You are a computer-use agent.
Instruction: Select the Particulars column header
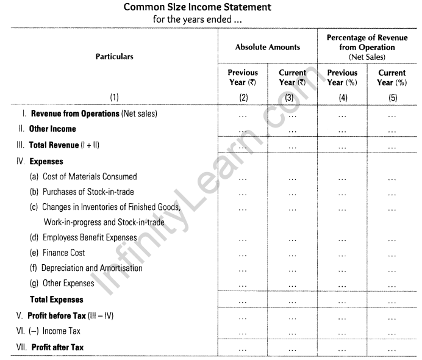pos(114,57)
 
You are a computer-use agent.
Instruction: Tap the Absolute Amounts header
pos(268,47)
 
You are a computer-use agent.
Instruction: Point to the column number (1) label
pos(114,96)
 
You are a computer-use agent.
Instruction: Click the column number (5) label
pos(392,96)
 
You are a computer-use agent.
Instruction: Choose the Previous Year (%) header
pos(343,77)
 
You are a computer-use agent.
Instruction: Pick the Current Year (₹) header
pos(292,77)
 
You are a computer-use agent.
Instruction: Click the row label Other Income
pos(52,129)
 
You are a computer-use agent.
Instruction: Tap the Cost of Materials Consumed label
pos(89,177)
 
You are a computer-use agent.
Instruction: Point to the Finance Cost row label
pos(63,253)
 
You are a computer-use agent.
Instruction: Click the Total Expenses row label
pos(57,300)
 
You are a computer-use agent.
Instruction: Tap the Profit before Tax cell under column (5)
pos(392,316)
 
